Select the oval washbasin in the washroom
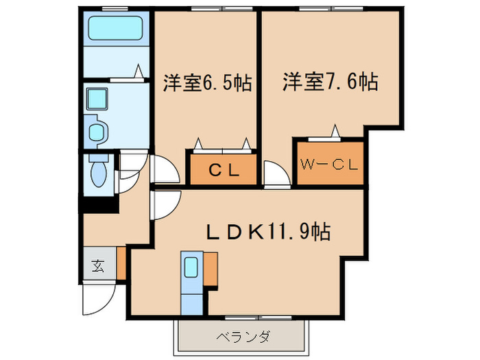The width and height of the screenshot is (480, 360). coord(97,130)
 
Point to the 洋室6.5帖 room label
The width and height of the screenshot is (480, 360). coord(206,84)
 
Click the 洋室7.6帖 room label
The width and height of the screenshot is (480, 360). coord(329,84)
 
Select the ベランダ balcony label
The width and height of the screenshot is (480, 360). coord(242,337)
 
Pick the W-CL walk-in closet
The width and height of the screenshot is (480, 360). coord(329,165)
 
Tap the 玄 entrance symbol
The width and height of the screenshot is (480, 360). coord(97,265)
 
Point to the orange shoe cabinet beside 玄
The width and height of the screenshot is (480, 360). coord(121,263)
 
